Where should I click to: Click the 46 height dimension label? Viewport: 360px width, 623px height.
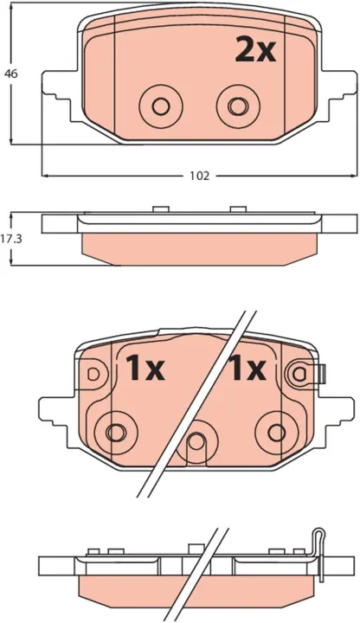pyautogui.click(x=11, y=74)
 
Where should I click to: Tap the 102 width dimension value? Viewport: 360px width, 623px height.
pyautogui.click(x=199, y=176)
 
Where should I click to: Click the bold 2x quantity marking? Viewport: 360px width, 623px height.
pyautogui.click(x=255, y=49)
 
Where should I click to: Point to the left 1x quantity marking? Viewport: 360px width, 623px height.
pyautogui.click(x=145, y=368)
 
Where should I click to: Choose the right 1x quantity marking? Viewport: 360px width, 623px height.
pyautogui.click(x=246, y=368)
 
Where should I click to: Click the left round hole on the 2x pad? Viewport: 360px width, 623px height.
pyautogui.click(x=161, y=106)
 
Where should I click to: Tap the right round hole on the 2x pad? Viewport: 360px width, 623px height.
pyautogui.click(x=238, y=106)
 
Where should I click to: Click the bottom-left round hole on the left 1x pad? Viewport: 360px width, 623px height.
pyautogui.click(x=116, y=432)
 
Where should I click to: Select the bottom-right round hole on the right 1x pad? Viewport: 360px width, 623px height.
pyautogui.click(x=277, y=432)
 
